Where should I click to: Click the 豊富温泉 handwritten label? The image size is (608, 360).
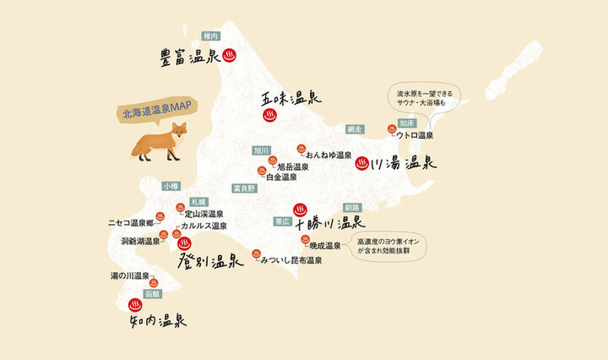(190, 57)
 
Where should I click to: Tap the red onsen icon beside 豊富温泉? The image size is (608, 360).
(229, 56)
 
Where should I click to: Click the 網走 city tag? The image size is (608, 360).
(355, 129)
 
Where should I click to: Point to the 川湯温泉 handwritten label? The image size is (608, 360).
(402, 164)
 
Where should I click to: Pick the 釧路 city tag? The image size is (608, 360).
(352, 207)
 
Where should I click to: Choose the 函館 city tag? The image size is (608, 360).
(152, 293)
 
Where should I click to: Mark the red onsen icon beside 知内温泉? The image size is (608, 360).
(134, 305)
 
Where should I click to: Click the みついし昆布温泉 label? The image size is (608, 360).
(292, 260)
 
